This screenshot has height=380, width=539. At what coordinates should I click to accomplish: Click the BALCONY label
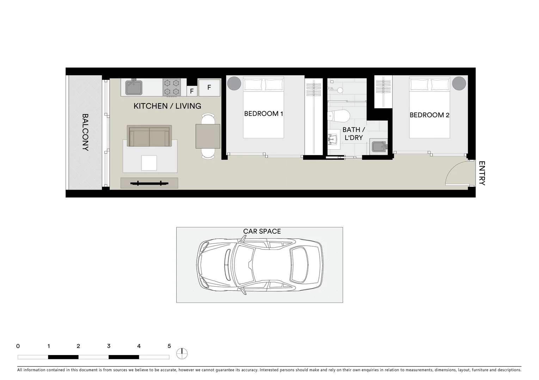(85, 132)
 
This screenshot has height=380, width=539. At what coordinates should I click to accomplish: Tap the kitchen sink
(134, 88)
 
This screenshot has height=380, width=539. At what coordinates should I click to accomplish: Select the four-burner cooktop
(171, 87)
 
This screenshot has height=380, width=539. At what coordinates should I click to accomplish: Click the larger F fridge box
(209, 88)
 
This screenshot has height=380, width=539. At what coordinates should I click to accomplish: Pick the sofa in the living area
(149, 136)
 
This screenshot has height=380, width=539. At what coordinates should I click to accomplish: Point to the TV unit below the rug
(149, 183)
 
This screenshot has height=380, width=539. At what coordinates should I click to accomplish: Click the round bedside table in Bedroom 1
(234, 84)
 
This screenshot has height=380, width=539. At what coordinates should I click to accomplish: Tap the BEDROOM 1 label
(263, 114)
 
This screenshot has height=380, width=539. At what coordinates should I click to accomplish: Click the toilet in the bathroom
(338, 115)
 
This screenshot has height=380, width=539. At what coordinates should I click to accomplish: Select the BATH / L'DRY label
(354, 134)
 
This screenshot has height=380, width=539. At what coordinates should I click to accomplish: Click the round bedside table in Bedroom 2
(459, 84)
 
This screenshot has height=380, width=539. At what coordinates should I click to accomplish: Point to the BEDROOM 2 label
(429, 115)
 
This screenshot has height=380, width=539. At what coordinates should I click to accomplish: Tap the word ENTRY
(482, 173)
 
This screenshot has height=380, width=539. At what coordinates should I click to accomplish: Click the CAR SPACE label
(262, 231)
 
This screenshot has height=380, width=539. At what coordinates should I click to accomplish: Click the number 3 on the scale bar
(109, 346)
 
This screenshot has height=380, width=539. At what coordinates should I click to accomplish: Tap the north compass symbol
(182, 353)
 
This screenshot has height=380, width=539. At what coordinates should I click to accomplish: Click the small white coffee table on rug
(149, 163)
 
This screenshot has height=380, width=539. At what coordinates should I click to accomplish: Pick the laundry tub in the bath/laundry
(378, 147)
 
